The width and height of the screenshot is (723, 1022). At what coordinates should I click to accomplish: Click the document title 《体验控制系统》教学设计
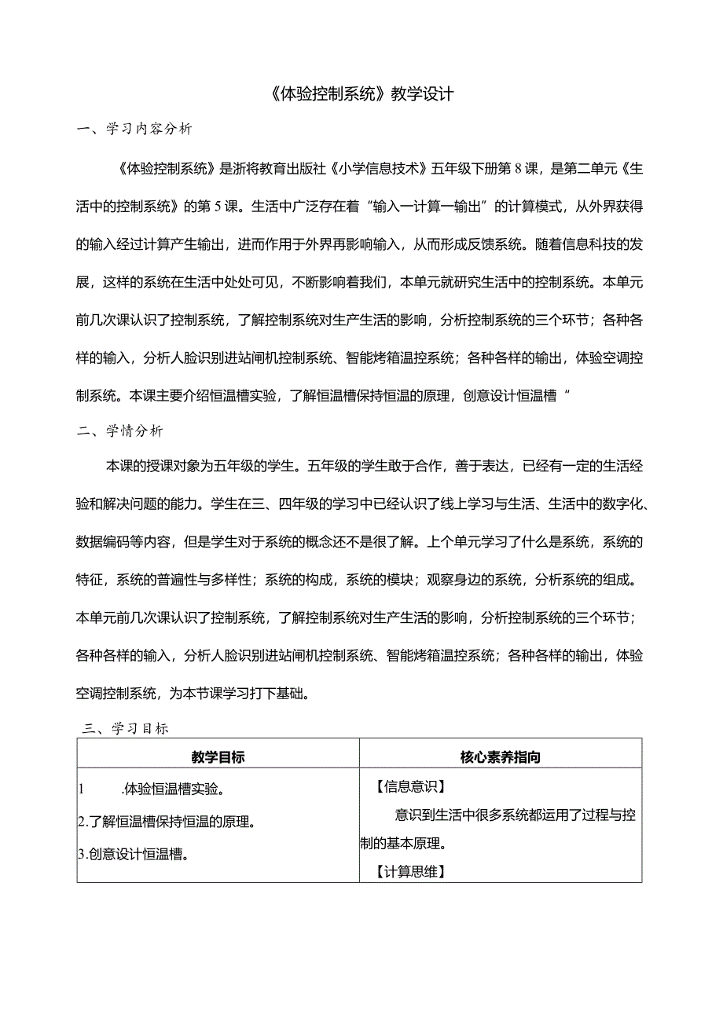pos(361,94)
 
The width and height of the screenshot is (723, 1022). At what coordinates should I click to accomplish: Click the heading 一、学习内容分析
pos(134,130)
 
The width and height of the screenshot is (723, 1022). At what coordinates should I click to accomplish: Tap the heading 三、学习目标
pos(126,728)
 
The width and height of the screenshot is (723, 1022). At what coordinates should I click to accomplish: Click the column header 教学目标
pos(218,757)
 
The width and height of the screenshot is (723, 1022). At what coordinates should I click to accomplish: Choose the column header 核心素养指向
pos(501,757)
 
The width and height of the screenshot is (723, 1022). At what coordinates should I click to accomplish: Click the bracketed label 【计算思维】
pos(410,871)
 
